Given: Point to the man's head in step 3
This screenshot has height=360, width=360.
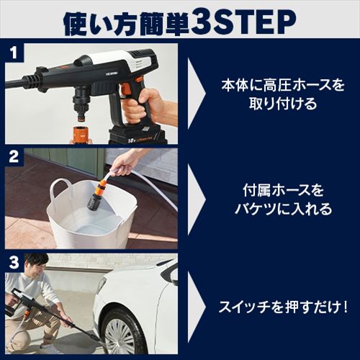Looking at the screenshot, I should click(37, 266).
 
